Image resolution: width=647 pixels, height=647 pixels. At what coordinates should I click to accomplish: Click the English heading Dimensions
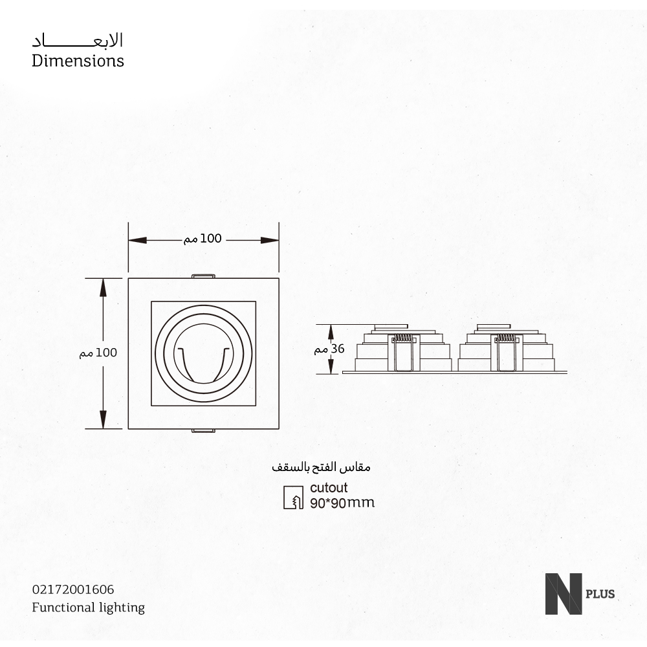point(78,61)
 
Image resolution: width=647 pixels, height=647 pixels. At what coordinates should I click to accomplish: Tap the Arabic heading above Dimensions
point(78,40)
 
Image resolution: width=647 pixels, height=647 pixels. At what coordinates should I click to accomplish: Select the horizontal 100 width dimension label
point(203,239)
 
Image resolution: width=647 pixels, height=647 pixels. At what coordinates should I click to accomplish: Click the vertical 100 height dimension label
point(98,353)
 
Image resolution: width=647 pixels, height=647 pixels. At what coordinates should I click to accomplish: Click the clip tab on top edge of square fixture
point(203,276)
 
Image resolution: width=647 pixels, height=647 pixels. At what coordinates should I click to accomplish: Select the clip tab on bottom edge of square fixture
point(203,431)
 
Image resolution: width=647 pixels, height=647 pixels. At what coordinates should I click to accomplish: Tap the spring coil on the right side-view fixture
point(506,338)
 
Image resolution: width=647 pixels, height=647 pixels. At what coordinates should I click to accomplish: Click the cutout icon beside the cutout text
point(294,496)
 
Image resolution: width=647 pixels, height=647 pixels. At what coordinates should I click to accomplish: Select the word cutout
point(329,488)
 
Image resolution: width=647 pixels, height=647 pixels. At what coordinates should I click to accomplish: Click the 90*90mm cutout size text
point(342,503)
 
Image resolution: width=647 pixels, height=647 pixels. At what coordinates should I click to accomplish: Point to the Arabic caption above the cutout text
point(320,466)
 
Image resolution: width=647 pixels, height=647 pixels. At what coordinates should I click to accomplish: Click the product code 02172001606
point(72,589)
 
